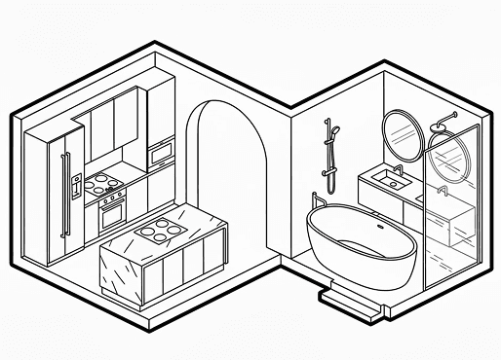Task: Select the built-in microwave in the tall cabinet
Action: coord(160,152)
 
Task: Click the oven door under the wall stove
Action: coord(113,210)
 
